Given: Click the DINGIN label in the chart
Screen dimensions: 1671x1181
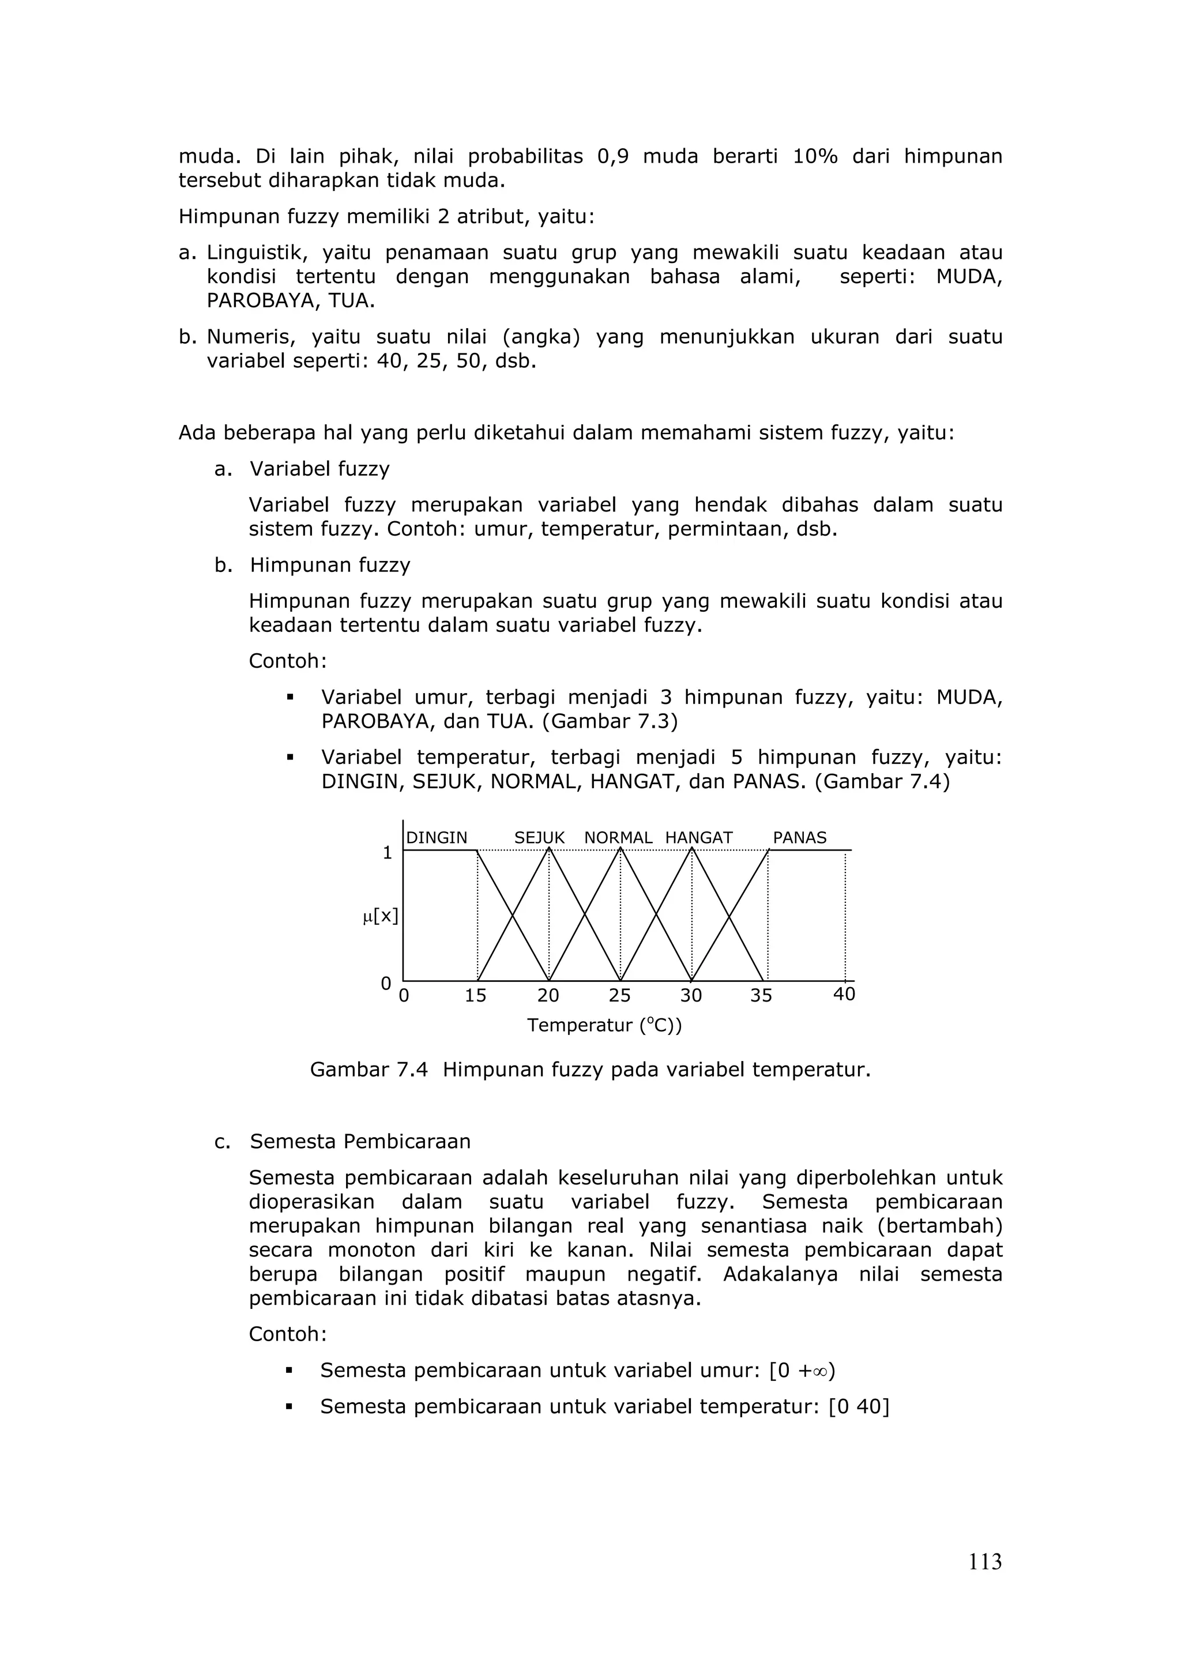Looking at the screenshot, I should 437,838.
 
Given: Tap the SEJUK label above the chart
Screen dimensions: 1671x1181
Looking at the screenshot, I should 539,838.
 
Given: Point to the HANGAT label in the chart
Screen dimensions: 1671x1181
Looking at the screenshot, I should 698,838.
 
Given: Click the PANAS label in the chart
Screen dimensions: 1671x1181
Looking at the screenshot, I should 800,838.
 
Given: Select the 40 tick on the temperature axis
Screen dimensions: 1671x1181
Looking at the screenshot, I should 844,994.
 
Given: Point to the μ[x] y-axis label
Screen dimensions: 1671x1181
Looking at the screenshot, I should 381,916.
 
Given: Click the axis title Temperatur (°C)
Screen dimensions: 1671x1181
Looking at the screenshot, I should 604,1025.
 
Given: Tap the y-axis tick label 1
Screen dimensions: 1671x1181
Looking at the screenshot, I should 387,853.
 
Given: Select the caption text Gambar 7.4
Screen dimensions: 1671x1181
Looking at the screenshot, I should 368,1070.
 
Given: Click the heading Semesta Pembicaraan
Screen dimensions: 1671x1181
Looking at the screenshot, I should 360,1141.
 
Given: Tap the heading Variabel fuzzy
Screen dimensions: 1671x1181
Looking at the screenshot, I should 319,469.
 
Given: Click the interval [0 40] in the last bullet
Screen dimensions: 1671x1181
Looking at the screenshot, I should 859,1407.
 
